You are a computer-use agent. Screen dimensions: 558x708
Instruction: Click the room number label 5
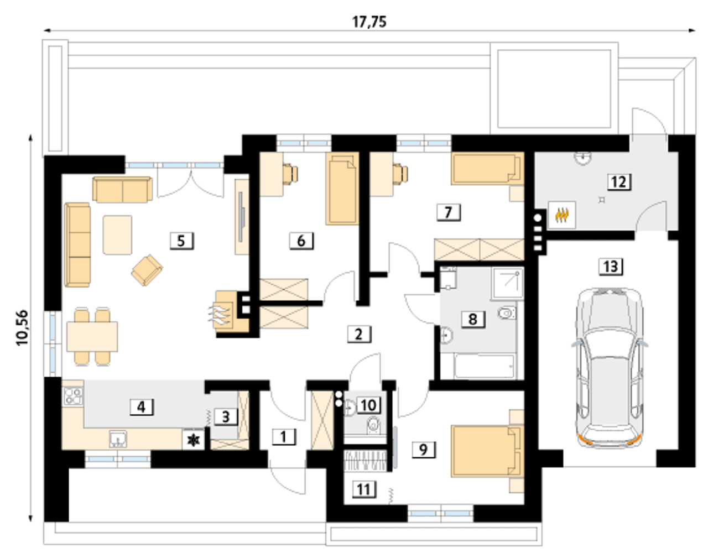click(x=181, y=241)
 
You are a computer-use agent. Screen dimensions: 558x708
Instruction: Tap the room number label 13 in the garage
click(x=610, y=267)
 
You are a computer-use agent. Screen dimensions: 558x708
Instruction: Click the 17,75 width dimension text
click(x=369, y=22)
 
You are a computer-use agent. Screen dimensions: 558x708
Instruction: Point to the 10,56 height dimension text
click(x=23, y=327)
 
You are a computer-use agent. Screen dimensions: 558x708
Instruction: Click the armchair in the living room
click(x=147, y=270)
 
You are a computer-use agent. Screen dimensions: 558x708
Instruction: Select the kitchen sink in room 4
click(x=117, y=439)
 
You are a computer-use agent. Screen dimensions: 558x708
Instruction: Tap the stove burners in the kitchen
click(x=73, y=396)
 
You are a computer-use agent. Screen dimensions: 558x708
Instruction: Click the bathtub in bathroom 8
click(x=485, y=367)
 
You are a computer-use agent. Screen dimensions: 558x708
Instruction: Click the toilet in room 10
click(x=374, y=425)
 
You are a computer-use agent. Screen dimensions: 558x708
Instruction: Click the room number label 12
click(x=618, y=181)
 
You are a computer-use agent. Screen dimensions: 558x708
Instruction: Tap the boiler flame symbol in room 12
click(x=561, y=215)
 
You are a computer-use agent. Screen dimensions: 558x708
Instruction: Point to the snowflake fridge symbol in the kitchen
click(x=194, y=440)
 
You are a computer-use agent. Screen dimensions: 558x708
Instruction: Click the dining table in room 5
click(x=92, y=337)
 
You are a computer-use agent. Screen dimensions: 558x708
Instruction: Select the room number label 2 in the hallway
click(x=358, y=333)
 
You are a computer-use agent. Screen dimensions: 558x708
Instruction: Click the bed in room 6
click(x=342, y=189)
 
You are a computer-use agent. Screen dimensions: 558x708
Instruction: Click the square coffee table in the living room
click(x=117, y=234)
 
